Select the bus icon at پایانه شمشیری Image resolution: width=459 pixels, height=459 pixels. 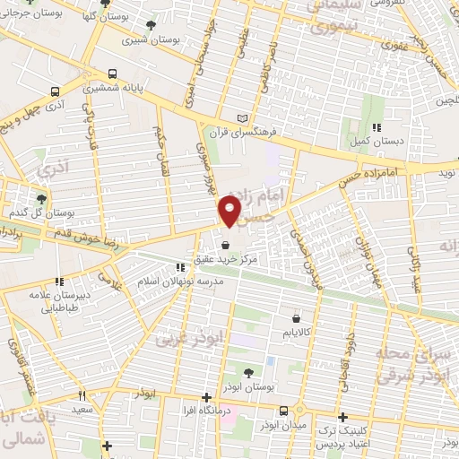111,75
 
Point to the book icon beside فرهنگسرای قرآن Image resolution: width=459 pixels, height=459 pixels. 240,118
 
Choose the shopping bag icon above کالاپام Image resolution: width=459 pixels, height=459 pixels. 296,317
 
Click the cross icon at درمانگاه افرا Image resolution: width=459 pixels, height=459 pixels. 206,396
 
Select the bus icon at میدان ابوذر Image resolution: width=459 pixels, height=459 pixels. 283,411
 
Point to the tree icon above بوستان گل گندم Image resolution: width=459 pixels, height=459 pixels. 40,198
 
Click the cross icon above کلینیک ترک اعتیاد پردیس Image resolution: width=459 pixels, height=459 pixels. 343,417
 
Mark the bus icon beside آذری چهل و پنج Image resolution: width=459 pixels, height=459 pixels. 56,91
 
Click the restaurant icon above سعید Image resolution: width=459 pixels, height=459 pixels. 82,394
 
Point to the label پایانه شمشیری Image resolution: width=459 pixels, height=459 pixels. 111,89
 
